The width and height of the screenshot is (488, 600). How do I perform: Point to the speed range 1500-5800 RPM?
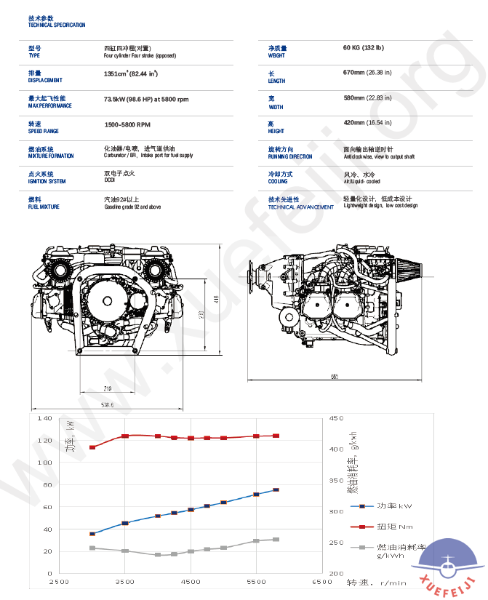127,125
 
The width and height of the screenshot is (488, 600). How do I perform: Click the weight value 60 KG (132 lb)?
363,48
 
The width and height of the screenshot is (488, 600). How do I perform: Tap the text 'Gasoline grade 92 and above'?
132,207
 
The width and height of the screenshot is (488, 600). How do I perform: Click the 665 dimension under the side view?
335,377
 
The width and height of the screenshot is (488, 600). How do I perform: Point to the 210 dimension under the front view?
108,388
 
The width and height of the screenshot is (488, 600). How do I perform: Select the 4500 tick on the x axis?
191,583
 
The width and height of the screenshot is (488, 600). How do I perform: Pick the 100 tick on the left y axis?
44,463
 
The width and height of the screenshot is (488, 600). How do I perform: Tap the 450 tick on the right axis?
336,419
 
